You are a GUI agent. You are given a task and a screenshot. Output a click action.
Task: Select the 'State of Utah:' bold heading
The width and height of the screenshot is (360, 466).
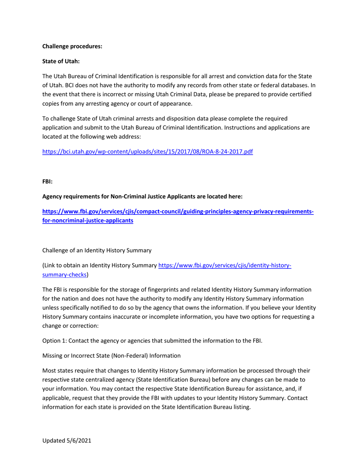60,60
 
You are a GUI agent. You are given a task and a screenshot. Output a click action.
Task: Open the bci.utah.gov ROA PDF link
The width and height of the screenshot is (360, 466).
147,152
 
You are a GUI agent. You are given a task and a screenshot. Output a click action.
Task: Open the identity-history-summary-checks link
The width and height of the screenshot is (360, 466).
224,266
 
